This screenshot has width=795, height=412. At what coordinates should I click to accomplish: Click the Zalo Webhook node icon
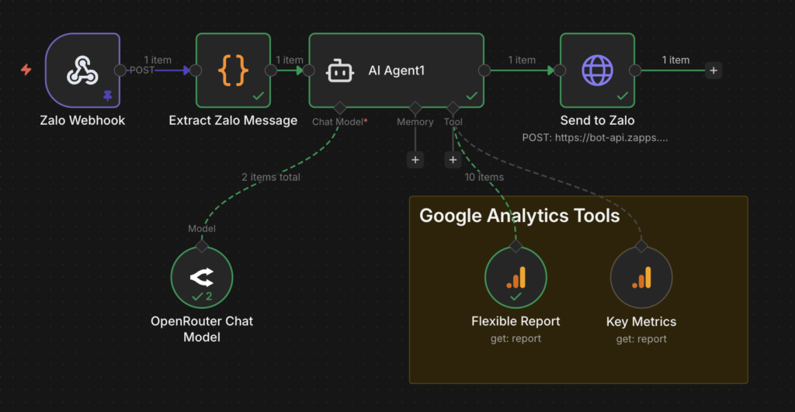[82, 71]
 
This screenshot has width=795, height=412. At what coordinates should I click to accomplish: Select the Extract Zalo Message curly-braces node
[233, 71]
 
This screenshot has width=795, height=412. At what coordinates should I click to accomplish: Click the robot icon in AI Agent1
[340, 71]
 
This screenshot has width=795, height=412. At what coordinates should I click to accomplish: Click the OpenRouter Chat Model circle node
[202, 278]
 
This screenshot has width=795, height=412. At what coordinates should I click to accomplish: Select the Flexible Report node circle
[516, 278]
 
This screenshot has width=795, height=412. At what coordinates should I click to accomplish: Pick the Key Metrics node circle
[641, 278]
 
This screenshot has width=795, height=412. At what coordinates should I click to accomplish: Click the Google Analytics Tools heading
[519, 216]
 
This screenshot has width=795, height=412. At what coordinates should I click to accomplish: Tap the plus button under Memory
[415, 160]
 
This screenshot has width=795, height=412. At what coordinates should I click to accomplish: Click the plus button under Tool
[453, 160]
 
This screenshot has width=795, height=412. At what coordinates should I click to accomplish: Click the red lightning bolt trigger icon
[26, 70]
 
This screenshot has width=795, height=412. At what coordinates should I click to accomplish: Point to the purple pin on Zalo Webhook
[107, 95]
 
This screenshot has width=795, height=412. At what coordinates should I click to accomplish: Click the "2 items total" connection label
[271, 177]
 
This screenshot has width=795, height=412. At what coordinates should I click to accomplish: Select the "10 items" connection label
[484, 177]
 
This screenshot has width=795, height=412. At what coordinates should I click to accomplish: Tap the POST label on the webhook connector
[143, 70]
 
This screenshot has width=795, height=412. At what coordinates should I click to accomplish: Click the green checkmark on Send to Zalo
[622, 96]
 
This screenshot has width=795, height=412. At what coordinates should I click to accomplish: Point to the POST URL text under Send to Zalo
[597, 137]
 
